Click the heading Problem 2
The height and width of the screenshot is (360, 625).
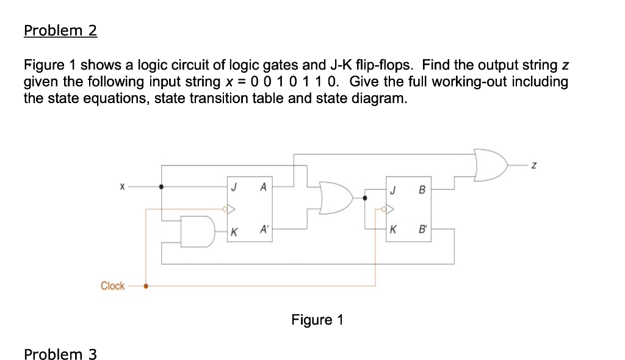tap(60, 31)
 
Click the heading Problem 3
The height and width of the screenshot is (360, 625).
tap(60, 354)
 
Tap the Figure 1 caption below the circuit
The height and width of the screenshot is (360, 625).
tap(317, 320)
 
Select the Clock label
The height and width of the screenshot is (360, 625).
tap(112, 286)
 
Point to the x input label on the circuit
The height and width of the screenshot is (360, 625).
tap(122, 187)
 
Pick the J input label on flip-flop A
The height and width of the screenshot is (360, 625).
tap(234, 187)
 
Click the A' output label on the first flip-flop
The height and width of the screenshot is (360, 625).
tap(264, 230)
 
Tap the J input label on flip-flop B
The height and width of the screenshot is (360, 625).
tap(394, 190)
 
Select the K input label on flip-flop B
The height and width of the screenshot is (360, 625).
tap(394, 231)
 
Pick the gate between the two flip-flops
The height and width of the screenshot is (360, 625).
tap(336, 197)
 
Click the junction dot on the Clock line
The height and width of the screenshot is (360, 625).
tap(145, 286)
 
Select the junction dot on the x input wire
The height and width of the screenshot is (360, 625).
tap(161, 187)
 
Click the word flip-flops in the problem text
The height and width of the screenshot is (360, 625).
tap(384, 65)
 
